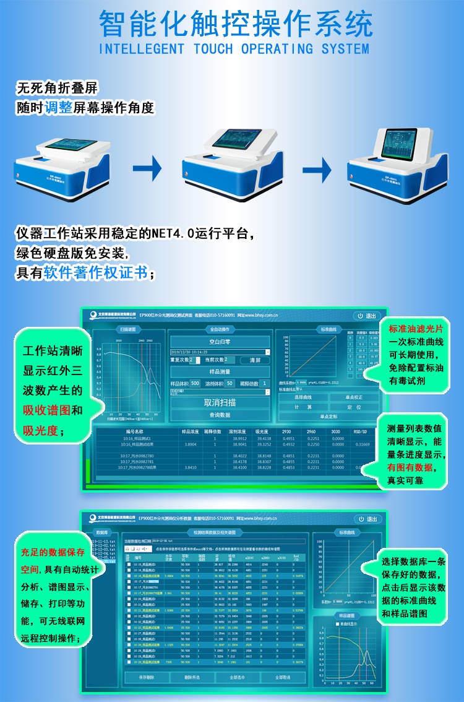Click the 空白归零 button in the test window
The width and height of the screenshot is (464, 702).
pyautogui.click(x=220, y=340)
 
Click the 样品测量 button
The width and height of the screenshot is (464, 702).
pyautogui.click(x=220, y=371)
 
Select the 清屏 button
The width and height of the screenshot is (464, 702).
pyautogui.click(x=255, y=360)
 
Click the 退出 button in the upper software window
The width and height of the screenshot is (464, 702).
pyautogui.click(x=367, y=316)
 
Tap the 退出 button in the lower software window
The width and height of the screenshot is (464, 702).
pyautogui.click(x=367, y=519)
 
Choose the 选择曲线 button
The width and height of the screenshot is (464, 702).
pyautogui.click(x=303, y=397)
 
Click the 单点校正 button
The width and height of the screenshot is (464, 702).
pyautogui.click(x=354, y=397)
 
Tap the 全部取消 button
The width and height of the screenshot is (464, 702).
pyautogui.click(x=279, y=677)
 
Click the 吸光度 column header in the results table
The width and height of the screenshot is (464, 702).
pyautogui.click(x=264, y=431)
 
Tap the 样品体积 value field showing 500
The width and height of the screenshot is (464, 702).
pyautogui.click(x=195, y=384)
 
